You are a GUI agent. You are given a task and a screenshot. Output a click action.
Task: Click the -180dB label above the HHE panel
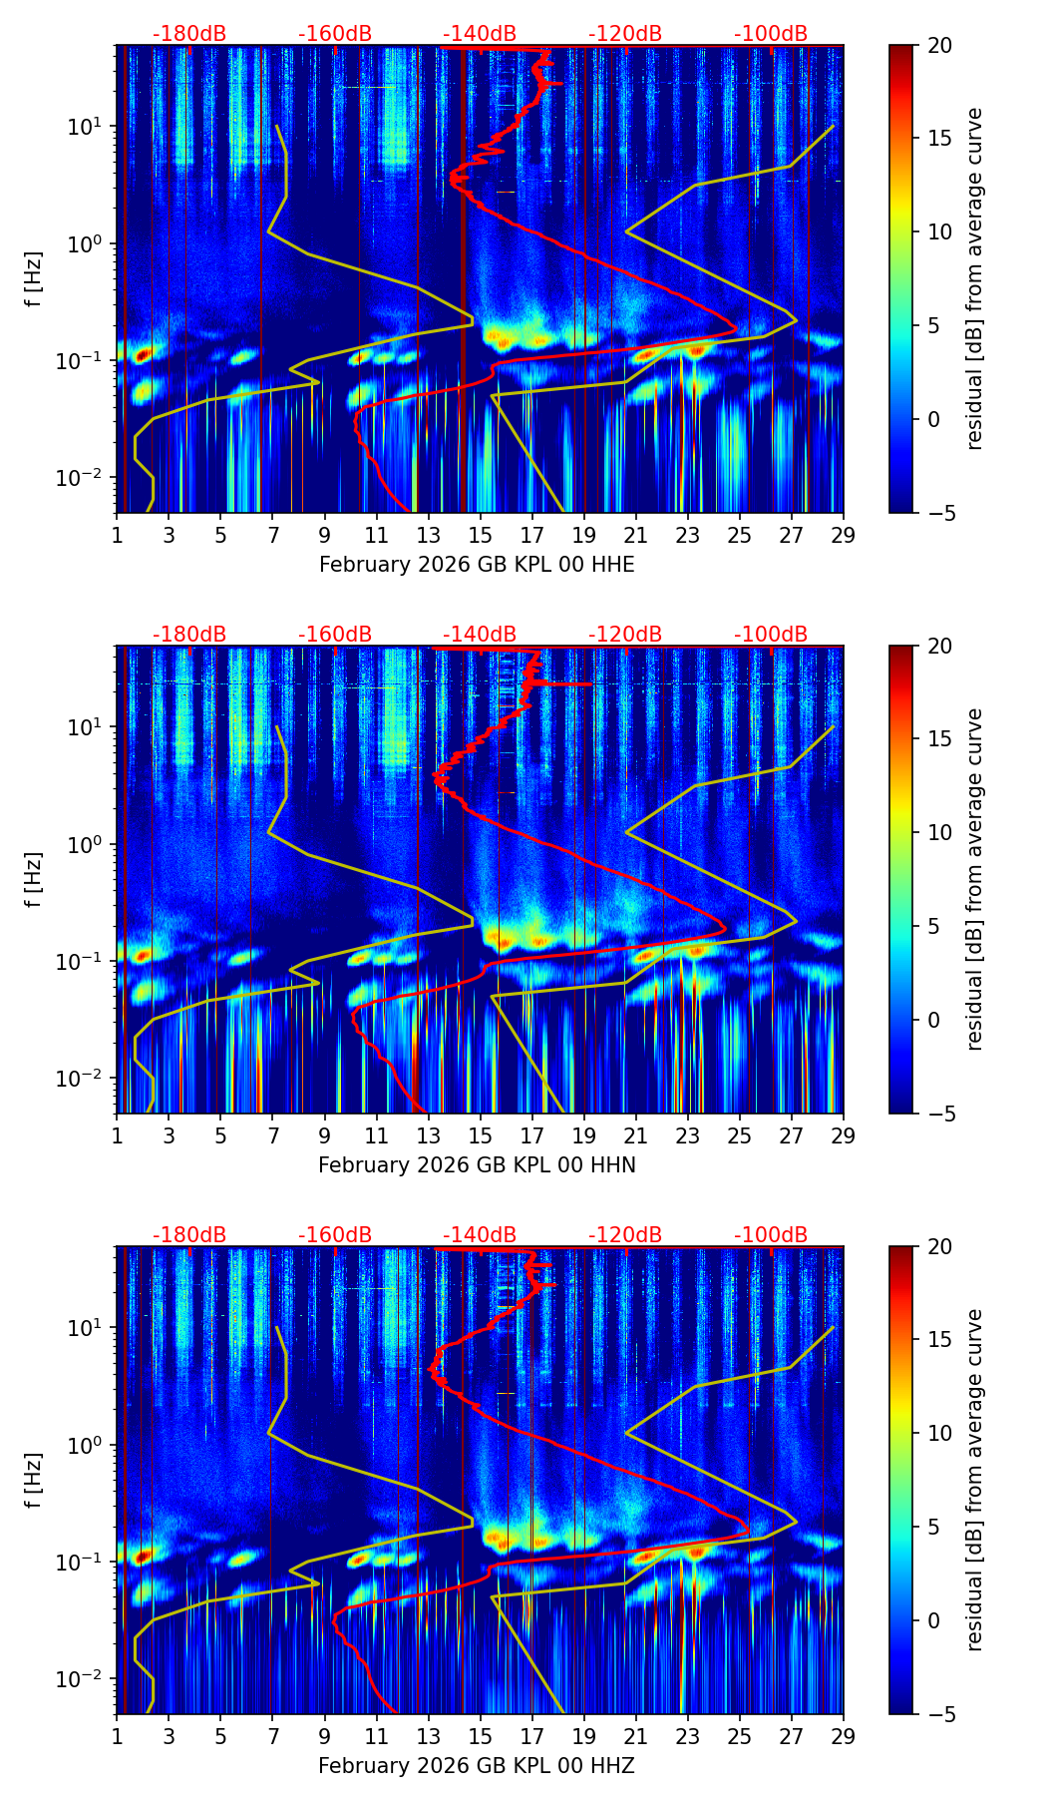click(189, 34)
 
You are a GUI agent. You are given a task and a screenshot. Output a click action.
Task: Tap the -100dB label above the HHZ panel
click(771, 1235)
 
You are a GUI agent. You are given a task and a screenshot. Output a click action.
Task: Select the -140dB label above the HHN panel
click(480, 635)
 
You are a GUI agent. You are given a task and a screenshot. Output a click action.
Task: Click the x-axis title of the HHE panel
click(477, 565)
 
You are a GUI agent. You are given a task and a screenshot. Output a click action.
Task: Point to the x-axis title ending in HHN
click(477, 1165)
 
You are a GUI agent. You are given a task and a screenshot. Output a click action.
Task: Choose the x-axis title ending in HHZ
click(477, 1766)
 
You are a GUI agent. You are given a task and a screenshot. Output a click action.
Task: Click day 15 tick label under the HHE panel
click(480, 536)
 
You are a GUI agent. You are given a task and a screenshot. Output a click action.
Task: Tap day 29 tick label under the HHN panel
click(843, 1136)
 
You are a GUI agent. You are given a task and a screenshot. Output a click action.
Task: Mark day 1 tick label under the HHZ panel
click(117, 1737)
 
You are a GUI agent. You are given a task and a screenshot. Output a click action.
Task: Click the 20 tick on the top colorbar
click(939, 45)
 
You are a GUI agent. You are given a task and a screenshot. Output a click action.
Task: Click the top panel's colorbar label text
click(974, 278)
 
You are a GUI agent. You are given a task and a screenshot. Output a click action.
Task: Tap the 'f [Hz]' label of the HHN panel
click(34, 879)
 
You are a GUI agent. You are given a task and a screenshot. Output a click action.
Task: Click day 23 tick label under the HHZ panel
click(687, 1737)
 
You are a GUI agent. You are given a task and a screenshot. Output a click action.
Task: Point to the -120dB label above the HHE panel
click(625, 34)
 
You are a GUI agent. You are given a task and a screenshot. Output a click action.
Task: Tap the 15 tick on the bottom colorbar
click(939, 1340)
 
